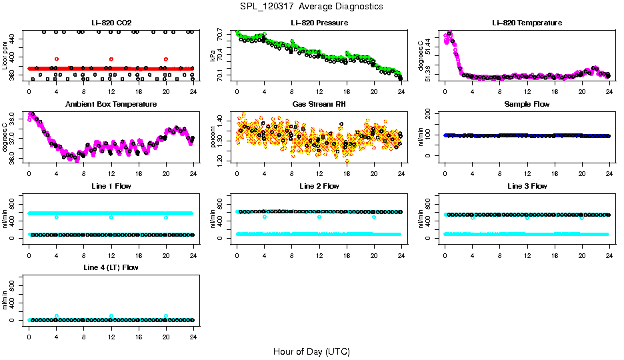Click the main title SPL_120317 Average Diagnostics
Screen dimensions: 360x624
pyautogui.click(x=311, y=6)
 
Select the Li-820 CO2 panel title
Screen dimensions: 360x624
pyautogui.click(x=111, y=23)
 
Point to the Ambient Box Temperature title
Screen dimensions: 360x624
pyautogui.click(x=111, y=105)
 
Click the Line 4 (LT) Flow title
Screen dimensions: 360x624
pyautogui.click(x=111, y=268)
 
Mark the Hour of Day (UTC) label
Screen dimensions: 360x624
pyautogui.click(x=311, y=351)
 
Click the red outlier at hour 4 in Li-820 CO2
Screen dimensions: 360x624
pyautogui.click(x=57, y=59)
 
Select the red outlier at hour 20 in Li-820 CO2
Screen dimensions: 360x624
pyautogui.click(x=166, y=59)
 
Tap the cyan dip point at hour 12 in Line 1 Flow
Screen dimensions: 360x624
pyautogui.click(x=111, y=217)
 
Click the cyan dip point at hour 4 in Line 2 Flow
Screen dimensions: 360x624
pyautogui.click(x=265, y=217)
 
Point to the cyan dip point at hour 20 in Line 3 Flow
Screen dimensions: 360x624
pyautogui.click(x=582, y=218)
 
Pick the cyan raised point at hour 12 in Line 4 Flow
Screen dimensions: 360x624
pyautogui.click(x=111, y=316)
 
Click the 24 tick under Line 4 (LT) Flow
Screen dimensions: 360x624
pyautogui.click(x=193, y=331)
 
